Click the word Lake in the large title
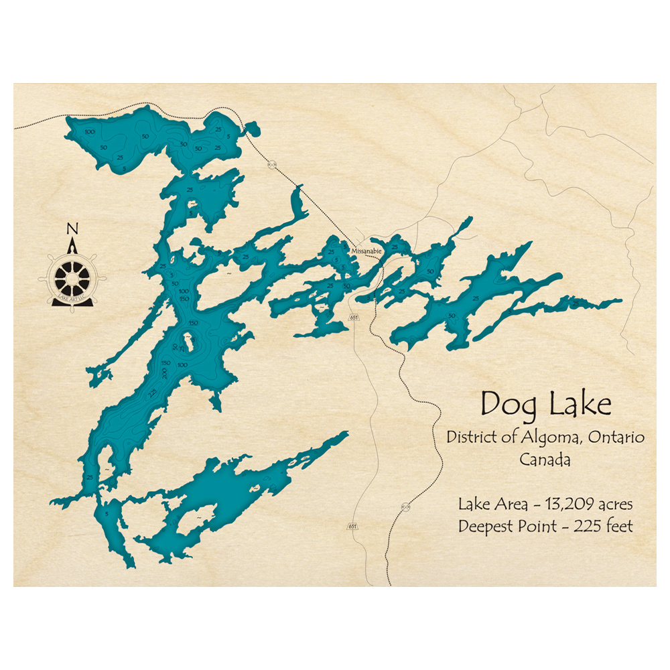click(580, 404)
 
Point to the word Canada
click(545, 460)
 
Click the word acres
click(609, 503)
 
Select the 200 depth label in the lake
click(164, 373)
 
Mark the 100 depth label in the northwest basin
click(90, 132)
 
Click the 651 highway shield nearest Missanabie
click(354, 317)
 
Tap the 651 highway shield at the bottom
click(352, 526)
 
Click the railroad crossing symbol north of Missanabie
click(271, 163)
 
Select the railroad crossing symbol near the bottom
click(405, 507)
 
